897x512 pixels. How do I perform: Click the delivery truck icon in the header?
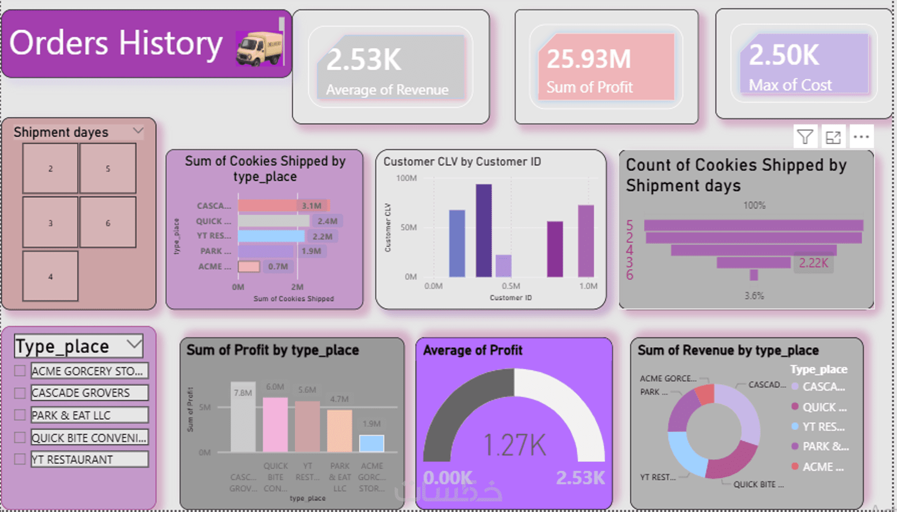point(259,49)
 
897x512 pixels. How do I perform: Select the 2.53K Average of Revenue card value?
point(364,60)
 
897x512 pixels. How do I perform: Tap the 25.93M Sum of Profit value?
point(588,59)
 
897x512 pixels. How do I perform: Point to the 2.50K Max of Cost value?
point(784,55)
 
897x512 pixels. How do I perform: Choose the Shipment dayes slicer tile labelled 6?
point(108,223)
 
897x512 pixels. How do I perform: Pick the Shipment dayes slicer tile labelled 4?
point(51,276)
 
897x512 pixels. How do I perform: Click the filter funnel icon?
point(805,138)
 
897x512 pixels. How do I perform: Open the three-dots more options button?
point(861,138)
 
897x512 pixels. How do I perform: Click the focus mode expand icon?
point(833,138)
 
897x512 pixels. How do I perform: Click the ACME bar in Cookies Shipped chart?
point(249,267)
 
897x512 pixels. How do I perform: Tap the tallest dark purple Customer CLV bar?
point(483,230)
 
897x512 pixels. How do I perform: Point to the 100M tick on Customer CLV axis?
point(406,178)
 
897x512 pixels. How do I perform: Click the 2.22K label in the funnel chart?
point(813,263)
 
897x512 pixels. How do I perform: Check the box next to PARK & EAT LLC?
point(20,415)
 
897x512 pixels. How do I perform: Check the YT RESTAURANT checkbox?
point(20,459)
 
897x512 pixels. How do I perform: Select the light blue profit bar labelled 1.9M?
point(371,443)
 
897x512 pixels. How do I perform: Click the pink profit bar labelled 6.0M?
point(275,424)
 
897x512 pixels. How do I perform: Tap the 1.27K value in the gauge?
point(514,445)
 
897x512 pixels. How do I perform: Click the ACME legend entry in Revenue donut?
point(822,467)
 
